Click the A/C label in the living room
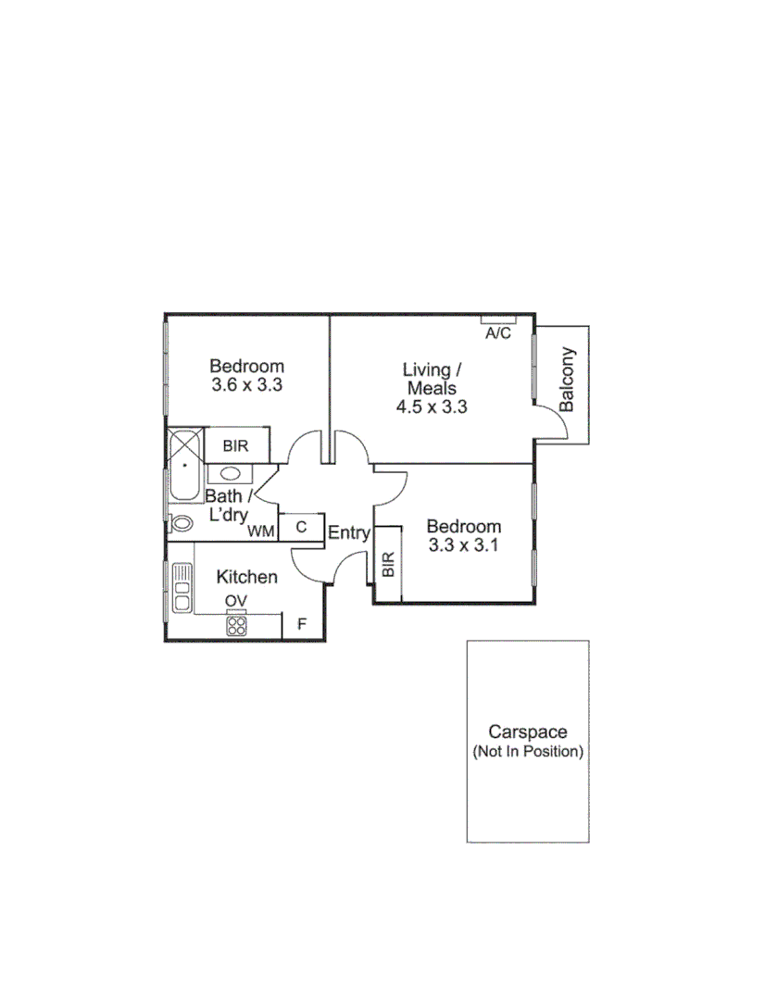click(x=498, y=333)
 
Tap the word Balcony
click(x=568, y=379)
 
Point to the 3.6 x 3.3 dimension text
click(x=246, y=385)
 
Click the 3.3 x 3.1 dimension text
click(x=464, y=545)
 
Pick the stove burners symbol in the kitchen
click(x=236, y=626)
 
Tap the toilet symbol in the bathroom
click(x=182, y=523)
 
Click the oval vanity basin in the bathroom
click(x=232, y=473)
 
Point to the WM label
click(x=260, y=531)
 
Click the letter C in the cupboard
click(x=301, y=527)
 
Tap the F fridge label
click(x=301, y=625)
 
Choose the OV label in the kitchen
click(x=236, y=601)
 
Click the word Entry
click(x=349, y=533)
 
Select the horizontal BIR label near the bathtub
click(x=235, y=445)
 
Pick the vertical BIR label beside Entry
click(x=388, y=564)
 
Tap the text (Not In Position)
click(x=528, y=751)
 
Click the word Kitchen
click(x=246, y=577)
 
